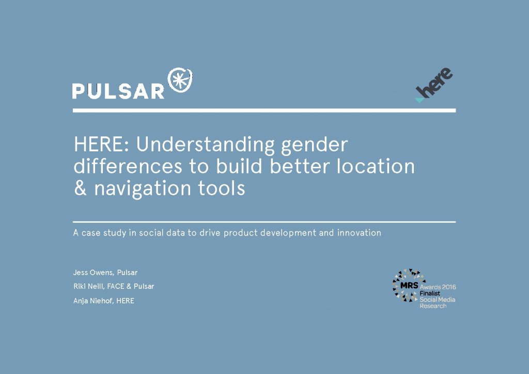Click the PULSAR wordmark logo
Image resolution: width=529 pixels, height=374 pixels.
coord(118,91)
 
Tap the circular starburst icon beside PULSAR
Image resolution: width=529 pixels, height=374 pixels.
coord(180,80)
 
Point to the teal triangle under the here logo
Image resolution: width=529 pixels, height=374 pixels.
coord(419,100)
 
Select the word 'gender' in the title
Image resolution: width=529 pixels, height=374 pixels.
coord(314,146)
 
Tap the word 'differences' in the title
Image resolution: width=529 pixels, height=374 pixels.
coord(128,166)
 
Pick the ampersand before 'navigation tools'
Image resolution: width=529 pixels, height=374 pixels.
coord(80,188)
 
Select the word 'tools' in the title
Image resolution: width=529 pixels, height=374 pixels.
coord(221,188)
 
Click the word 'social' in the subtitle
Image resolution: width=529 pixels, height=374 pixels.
coord(151,232)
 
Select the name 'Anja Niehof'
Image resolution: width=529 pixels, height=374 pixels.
coord(93,301)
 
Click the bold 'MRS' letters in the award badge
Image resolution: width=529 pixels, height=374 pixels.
coord(409,285)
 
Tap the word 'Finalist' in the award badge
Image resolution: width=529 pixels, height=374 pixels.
coord(430,293)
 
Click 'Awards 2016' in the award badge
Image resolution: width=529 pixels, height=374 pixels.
coord(438,287)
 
